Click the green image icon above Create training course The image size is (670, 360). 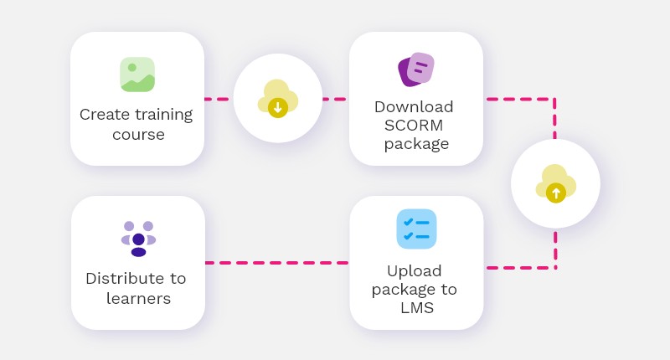137,75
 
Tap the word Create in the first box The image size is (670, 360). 104,114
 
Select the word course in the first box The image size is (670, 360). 138,134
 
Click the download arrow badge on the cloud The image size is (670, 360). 278,106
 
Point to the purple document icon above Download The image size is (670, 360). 415,69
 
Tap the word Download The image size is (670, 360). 414,107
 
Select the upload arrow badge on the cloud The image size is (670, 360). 554,193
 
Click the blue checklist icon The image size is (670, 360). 416,229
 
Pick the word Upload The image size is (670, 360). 414,271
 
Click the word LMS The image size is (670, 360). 416,308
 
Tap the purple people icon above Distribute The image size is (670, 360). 138,239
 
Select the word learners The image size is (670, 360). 138,298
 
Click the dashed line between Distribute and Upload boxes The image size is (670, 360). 276,263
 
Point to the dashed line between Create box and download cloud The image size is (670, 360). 219,99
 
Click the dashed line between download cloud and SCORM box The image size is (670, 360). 335,99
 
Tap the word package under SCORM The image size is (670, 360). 416,144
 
